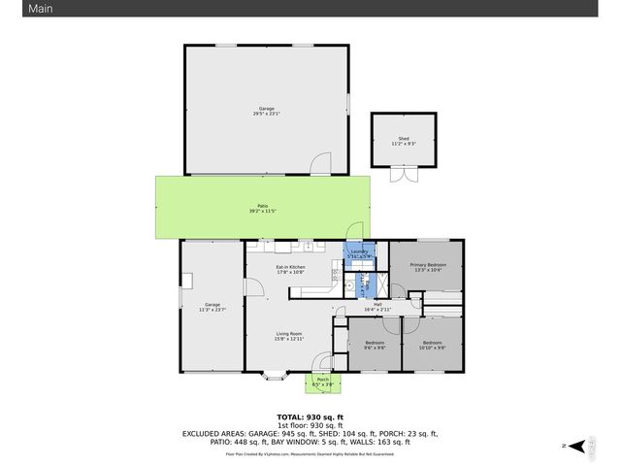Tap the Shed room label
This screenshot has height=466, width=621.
coord(403,139)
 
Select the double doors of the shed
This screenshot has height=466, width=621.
coord(403,174)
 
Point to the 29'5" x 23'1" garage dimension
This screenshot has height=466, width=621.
coord(266,115)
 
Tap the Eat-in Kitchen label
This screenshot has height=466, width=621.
coord(291,267)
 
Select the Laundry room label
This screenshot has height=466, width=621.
coord(360,251)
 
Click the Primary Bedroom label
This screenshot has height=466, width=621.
coord(428,265)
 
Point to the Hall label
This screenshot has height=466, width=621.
coord(376,304)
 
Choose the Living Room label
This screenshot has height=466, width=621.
coord(289,333)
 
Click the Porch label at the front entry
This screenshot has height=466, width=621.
coord(322,380)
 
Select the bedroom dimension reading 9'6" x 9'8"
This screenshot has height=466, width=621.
coord(376,348)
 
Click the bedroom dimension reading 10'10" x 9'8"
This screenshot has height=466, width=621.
coord(432,348)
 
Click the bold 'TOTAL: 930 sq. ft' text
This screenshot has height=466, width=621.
coord(310,416)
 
